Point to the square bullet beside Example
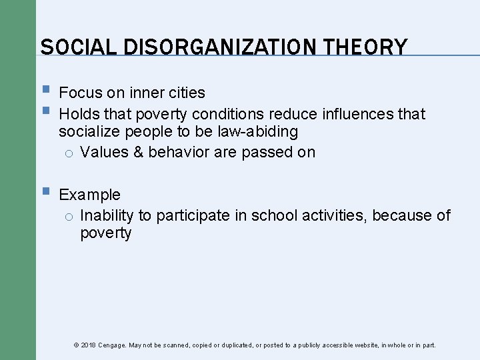point(45,193)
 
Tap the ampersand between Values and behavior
point(139,152)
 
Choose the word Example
point(90,195)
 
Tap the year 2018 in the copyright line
point(89,345)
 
